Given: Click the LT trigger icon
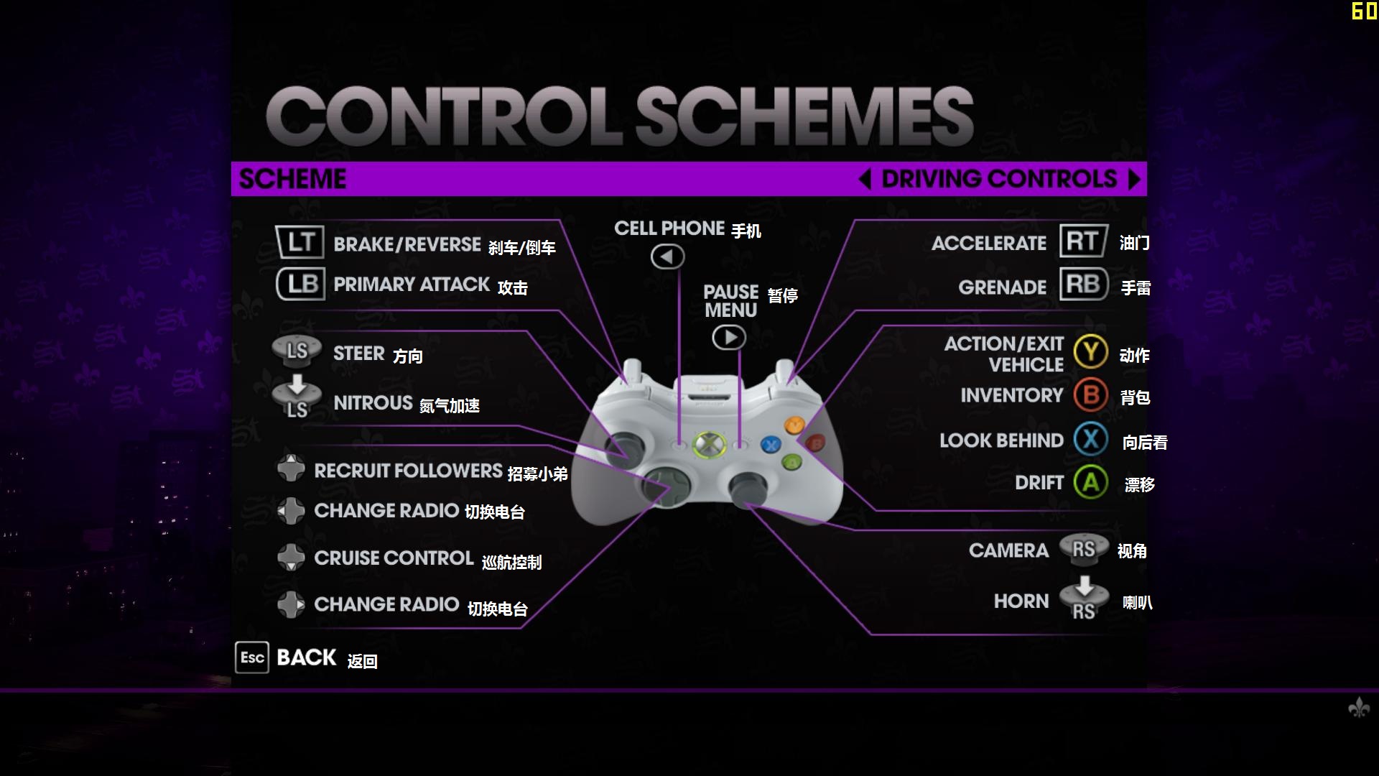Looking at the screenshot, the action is (300, 242).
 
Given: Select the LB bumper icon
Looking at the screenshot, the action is (300, 284).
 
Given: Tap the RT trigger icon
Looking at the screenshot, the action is (1084, 241).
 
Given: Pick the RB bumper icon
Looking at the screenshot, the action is (1084, 285).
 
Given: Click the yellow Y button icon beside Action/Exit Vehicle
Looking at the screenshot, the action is (1091, 352).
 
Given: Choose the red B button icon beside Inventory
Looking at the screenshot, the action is (1091, 394).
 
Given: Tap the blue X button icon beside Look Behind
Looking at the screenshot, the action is (1091, 439).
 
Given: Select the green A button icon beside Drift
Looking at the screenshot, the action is (1091, 482).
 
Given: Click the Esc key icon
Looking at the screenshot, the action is (252, 657).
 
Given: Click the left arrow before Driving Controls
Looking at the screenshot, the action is (865, 179).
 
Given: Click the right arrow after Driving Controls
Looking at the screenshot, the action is (1134, 179).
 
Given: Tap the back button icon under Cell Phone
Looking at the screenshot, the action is (668, 257).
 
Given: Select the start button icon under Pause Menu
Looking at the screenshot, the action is (729, 337).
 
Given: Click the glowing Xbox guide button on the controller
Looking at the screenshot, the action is (708, 444).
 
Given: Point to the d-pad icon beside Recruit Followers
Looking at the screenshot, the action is (291, 468).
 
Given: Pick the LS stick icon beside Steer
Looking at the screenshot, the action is (297, 351).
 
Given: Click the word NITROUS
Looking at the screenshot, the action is (373, 403).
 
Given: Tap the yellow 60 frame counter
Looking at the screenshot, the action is (1364, 11).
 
